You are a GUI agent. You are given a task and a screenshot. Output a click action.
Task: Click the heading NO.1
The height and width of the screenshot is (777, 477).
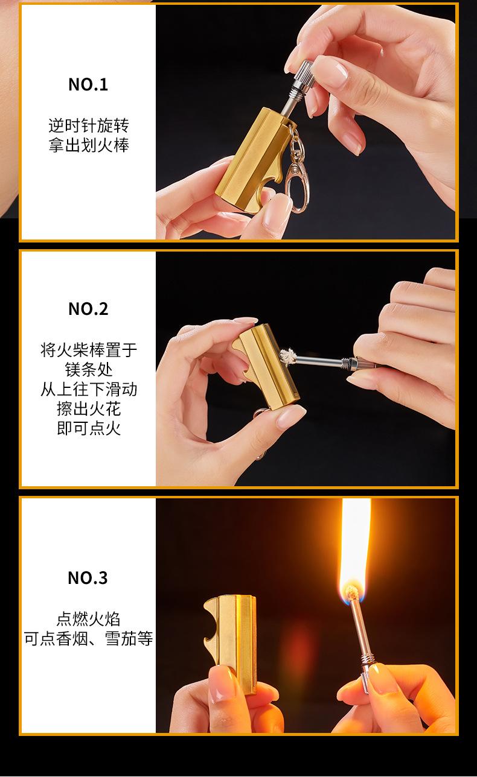88,84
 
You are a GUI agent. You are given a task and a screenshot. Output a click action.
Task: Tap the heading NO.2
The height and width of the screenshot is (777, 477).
88,309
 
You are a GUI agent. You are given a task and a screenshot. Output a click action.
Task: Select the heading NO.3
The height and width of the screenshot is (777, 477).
88,578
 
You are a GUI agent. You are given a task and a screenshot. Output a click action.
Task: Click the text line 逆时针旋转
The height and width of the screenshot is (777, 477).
89,125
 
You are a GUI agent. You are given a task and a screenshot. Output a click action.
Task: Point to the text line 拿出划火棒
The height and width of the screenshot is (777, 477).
89,145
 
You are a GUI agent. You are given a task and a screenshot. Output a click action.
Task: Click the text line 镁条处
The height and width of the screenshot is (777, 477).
89,370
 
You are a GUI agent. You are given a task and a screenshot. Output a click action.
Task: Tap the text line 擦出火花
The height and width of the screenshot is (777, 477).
89,408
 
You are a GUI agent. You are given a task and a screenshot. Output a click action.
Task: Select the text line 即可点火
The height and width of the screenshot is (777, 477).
89,428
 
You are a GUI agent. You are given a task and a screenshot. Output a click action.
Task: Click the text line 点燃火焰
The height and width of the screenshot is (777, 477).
88,619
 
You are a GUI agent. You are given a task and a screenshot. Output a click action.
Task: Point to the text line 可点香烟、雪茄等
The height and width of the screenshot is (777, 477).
88,639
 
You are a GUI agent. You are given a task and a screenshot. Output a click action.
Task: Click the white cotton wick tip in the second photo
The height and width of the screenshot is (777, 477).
287,357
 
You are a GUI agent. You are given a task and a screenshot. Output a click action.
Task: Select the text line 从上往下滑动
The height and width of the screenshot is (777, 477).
89,389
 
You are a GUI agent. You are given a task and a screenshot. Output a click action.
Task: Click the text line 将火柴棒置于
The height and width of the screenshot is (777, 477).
89,350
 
